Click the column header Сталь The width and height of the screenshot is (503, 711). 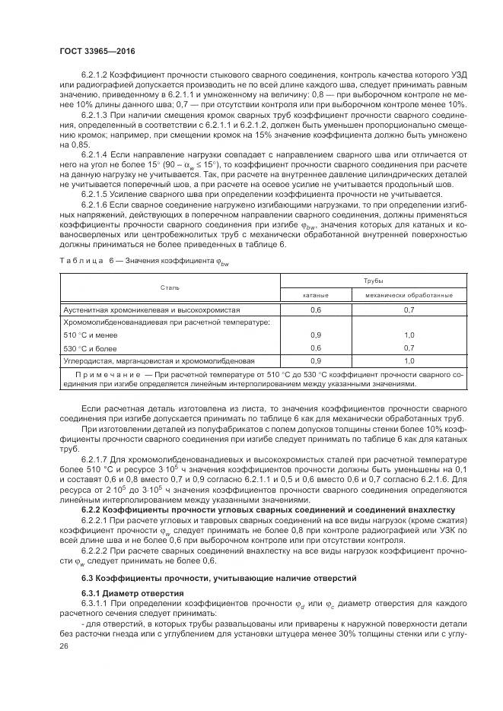pyautogui.click(x=170, y=287)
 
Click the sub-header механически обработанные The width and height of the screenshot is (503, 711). pyautogui.click(x=409, y=294)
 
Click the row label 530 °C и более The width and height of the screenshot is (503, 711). pyautogui.click(x=88, y=348)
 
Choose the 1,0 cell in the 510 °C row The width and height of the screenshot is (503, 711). pyautogui.click(x=409, y=335)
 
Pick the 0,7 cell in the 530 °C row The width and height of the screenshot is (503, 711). pyautogui.click(x=409, y=348)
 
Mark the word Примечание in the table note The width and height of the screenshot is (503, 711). pyautogui.click(x=107, y=375)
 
